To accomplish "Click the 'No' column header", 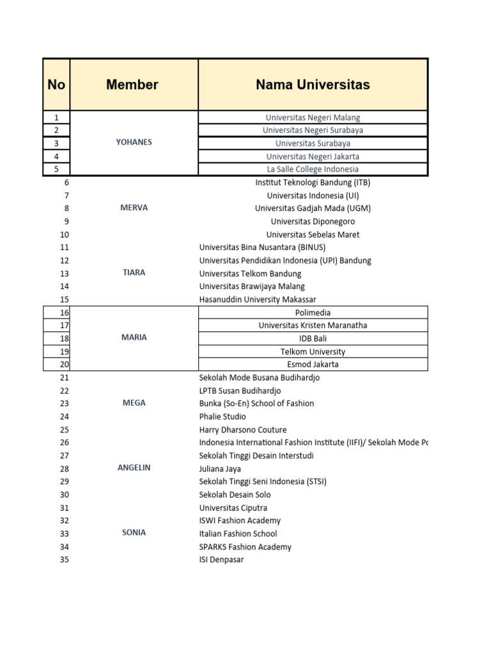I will point(56,84).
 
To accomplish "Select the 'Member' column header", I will point(132,84).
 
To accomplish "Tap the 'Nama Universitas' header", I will point(313,84).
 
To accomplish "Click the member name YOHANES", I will point(134,142).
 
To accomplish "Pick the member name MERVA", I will point(134,208).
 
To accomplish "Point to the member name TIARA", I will point(134,272).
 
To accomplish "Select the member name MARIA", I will point(134,337).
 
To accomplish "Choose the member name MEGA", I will point(134,403).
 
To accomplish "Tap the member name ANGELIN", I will point(134,468).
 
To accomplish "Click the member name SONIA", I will point(134,532).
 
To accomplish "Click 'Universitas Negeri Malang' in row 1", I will point(313,118).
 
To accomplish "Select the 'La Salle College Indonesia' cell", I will point(313,170).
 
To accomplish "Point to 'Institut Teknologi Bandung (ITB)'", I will point(313,182).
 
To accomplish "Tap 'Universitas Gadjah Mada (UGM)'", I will point(313,208).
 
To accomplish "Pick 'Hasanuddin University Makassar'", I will point(258,299).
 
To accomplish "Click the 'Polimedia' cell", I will point(313,312).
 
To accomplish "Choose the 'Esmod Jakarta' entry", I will point(313,365).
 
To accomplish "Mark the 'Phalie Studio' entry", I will point(222,416).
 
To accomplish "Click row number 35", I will point(64,560).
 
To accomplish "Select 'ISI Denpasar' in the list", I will point(221,560).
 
